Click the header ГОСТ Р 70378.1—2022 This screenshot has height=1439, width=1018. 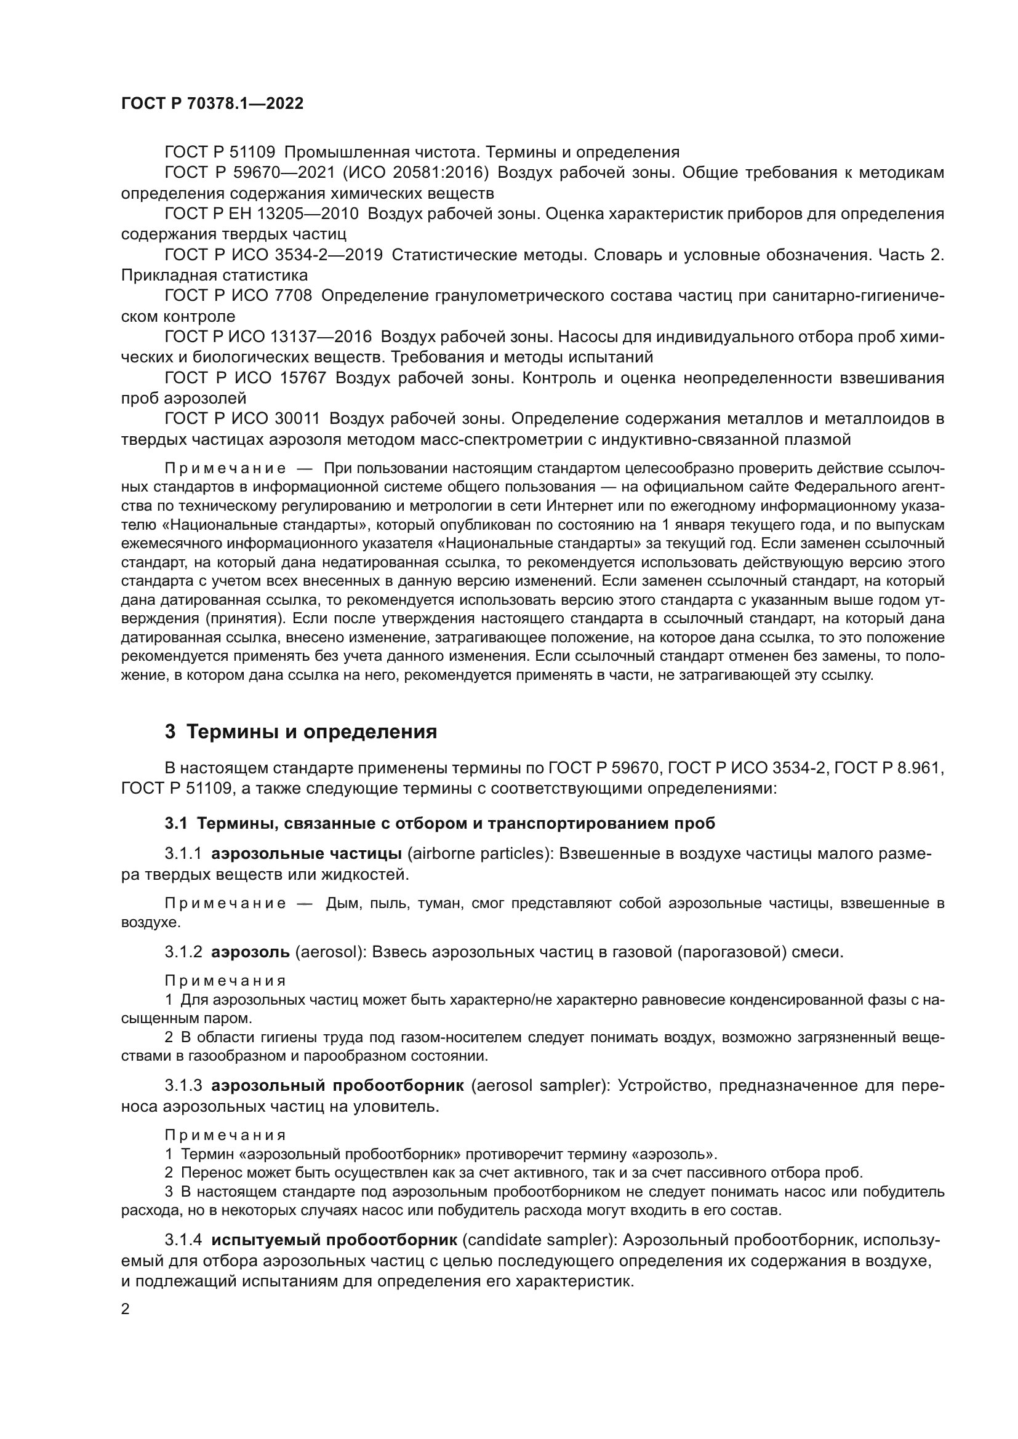[x=212, y=104]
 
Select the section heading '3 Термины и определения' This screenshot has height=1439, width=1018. [x=301, y=732]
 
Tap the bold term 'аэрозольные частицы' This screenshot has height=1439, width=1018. [x=307, y=854]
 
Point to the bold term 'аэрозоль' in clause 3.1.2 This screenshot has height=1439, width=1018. [x=250, y=952]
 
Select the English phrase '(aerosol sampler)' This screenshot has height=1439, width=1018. [x=540, y=1085]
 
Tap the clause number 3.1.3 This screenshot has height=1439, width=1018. [x=183, y=1085]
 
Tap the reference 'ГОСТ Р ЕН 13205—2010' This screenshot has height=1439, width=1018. [x=262, y=214]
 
